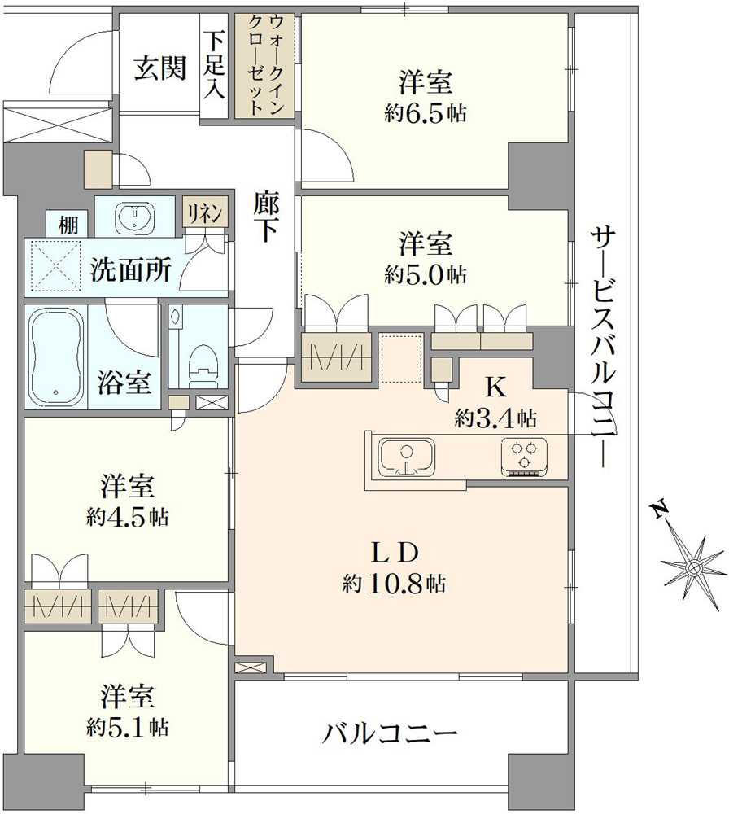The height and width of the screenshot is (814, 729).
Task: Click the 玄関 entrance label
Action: tap(159, 68)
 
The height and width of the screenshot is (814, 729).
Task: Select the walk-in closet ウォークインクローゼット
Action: tap(267, 65)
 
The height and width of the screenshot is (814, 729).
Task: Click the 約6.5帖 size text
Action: tap(426, 113)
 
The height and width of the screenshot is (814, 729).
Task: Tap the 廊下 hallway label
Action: tap(264, 217)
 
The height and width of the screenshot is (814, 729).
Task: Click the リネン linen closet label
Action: tap(201, 213)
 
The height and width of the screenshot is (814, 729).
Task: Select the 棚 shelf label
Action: tap(68, 225)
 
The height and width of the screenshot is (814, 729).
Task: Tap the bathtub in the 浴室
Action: tap(56, 357)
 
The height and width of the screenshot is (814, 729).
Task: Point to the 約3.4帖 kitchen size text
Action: tap(495, 419)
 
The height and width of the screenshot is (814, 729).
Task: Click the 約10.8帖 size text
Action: tap(394, 583)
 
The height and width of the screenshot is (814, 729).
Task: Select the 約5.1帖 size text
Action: tap(127, 727)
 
